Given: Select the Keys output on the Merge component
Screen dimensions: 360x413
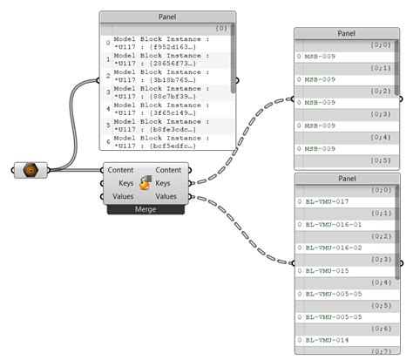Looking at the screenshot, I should (169, 183).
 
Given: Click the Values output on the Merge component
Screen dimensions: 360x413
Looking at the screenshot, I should (166, 197).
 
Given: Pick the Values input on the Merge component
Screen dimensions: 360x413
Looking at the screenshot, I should (123, 197).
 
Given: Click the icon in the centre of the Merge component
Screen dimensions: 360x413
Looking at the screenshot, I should (146, 183).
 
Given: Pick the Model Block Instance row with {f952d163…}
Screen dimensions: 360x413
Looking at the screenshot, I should (162, 42).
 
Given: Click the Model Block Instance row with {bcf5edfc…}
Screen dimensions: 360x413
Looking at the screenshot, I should (162, 141).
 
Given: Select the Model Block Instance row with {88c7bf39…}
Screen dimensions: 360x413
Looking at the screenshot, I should (162, 92).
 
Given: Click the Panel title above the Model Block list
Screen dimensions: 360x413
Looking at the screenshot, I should (166, 16).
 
